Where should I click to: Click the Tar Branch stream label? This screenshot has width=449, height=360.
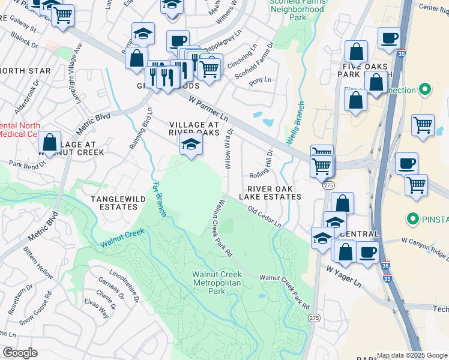158,199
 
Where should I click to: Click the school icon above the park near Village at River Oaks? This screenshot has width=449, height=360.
191,145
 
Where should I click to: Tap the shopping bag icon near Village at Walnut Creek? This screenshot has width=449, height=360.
50,143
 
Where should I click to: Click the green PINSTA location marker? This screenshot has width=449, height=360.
412,219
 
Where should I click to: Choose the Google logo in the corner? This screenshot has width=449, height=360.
19,353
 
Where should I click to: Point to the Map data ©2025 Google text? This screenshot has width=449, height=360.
412,355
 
